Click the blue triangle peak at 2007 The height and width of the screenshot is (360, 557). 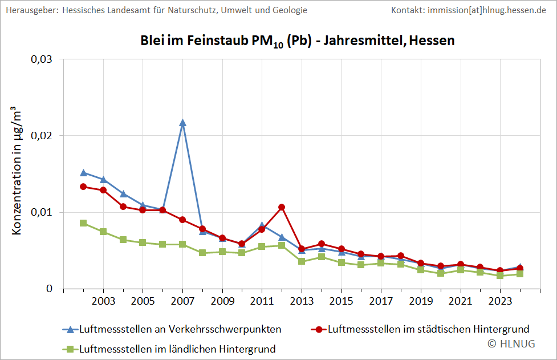[182, 123]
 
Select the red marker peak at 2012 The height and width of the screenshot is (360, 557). [282, 207]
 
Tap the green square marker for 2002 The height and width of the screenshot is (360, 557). [83, 223]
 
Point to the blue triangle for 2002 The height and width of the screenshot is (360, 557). [83, 172]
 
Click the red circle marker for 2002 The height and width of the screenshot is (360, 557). [83, 187]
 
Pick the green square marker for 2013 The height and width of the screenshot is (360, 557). [302, 261]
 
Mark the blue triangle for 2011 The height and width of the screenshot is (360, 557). [262, 225]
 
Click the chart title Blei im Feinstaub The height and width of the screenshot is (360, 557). [297, 41]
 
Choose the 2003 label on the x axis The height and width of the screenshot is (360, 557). [103, 300]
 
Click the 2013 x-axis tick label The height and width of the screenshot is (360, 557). [302, 300]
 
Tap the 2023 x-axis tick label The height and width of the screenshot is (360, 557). [500, 300]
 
